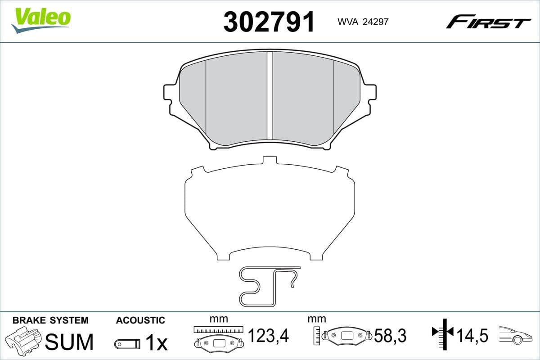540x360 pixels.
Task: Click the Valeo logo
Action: point(41,20)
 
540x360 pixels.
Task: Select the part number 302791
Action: point(269,22)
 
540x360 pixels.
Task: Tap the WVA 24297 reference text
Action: point(363,22)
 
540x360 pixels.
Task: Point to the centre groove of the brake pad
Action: point(270,95)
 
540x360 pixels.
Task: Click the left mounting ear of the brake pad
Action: point(170,93)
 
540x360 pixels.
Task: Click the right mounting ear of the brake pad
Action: point(369,93)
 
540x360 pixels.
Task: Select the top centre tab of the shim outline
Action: point(270,160)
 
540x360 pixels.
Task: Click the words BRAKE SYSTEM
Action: point(50,320)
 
